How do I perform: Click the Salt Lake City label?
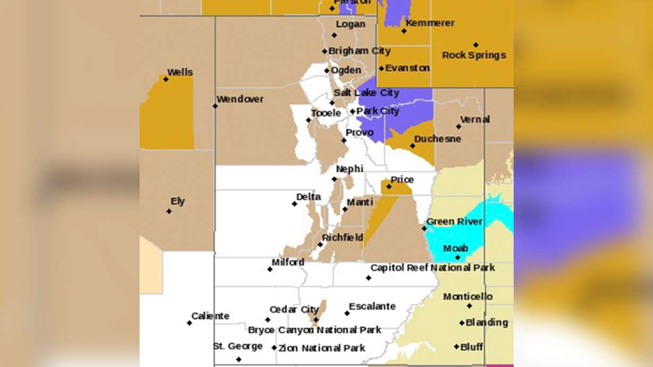click(x=366, y=93)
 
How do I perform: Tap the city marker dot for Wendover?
click(x=215, y=106)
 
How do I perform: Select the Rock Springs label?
click(x=474, y=55)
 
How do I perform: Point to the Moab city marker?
click(x=457, y=257)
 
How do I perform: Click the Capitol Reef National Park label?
click(x=432, y=268)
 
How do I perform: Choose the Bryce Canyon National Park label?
click(x=315, y=330)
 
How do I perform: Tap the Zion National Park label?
click(x=322, y=348)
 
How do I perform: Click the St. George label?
click(x=238, y=346)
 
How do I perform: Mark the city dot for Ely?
click(x=169, y=211)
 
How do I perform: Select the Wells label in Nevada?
click(x=180, y=72)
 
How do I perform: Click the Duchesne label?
click(x=438, y=139)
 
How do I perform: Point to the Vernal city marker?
click(x=459, y=127)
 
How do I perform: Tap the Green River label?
click(x=454, y=222)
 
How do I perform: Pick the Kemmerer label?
click(x=430, y=23)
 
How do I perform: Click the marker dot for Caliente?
click(x=189, y=323)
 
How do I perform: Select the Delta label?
click(x=308, y=197)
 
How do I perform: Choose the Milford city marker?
click(x=270, y=269)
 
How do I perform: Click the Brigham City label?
click(x=359, y=51)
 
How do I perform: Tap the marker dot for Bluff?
click(x=456, y=347)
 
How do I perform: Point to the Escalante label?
click(x=372, y=306)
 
